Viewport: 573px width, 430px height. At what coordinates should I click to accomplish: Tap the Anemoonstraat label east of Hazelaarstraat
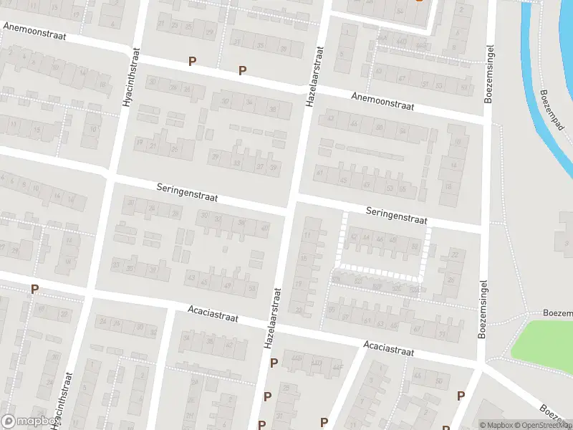click(x=383, y=101)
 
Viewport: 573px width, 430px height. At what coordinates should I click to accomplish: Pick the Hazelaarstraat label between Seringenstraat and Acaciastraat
click(x=273, y=319)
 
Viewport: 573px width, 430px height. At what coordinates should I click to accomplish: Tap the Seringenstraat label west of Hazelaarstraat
click(x=187, y=191)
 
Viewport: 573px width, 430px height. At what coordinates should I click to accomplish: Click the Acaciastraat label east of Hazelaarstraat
click(x=389, y=348)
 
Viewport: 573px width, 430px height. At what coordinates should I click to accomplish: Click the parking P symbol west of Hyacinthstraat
click(x=34, y=290)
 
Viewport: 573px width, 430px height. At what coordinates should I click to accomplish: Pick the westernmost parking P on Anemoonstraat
click(x=192, y=62)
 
